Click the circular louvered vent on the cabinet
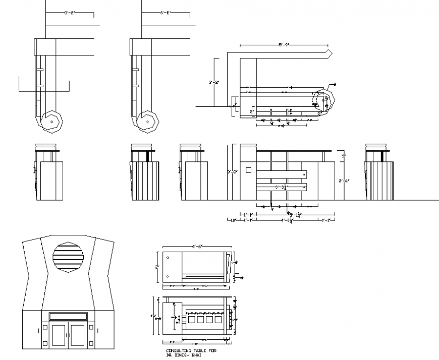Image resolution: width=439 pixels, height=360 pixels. coord(69,257)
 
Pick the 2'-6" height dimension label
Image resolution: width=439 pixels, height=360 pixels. coord(342,179)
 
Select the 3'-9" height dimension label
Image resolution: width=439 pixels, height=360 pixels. coord(232,172)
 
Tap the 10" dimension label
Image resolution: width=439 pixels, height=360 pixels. coord(233,220)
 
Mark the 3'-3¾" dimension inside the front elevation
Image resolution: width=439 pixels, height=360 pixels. coord(281,187)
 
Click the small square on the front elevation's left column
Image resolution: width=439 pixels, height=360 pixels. coord(248,170)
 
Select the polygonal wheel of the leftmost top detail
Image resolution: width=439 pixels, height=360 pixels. coord(51,122)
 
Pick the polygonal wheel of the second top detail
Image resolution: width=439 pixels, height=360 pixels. coord(147,122)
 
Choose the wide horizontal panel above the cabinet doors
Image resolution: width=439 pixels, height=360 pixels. coord(68,317)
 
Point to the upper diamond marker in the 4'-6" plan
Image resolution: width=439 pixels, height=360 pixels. coord(168,259)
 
